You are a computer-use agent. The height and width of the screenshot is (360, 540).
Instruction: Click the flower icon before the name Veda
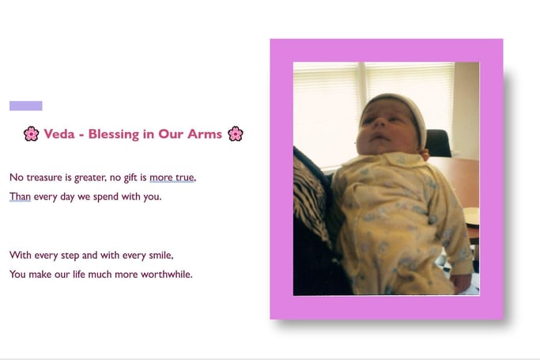(x=32, y=134)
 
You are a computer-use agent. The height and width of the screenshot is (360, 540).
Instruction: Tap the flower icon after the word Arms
(x=236, y=134)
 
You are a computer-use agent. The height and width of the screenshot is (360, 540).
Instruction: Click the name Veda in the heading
(x=59, y=134)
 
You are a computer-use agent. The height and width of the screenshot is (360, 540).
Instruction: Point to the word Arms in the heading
(x=205, y=134)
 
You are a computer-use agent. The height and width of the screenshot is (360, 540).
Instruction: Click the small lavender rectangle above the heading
(x=26, y=106)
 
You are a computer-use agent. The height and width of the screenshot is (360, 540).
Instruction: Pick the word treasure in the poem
(x=44, y=177)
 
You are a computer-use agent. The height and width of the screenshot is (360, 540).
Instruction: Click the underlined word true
(x=185, y=177)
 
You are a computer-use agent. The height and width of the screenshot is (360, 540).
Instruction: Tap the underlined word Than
(x=20, y=196)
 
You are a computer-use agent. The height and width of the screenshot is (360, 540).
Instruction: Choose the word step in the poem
(x=70, y=256)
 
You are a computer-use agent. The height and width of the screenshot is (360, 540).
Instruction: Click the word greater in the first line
(x=89, y=178)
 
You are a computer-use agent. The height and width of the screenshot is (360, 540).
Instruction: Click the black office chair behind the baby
(x=438, y=143)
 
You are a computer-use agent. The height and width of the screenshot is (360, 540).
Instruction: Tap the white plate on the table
(x=470, y=216)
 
